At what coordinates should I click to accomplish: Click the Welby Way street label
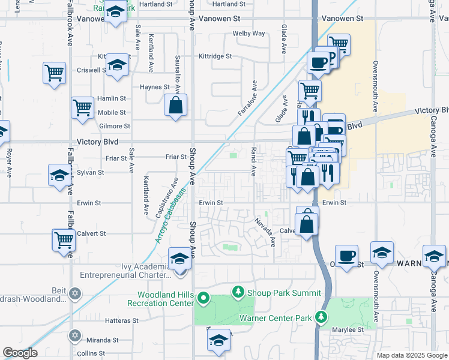(249, 34)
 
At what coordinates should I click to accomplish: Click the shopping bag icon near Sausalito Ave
(175, 105)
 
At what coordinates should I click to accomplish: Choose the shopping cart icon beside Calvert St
(64, 240)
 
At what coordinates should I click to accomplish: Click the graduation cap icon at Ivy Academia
(179, 258)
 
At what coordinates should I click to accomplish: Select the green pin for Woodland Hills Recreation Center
(203, 297)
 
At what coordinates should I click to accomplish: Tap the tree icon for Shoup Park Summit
(238, 293)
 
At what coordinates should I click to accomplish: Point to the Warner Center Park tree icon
(322, 316)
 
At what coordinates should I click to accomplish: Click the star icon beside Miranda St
(74, 335)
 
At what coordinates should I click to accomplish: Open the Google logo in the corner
(20, 353)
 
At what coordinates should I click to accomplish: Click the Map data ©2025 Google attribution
(411, 355)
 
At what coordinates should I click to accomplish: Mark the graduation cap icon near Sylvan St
(60, 176)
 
